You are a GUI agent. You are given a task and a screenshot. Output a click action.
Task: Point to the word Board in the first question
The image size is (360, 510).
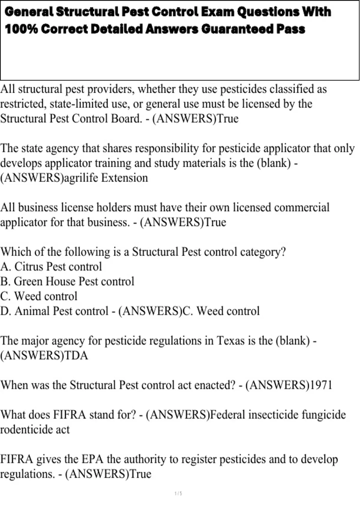pyautogui.click(x=126, y=118)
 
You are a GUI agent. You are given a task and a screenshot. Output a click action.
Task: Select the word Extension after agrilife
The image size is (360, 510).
pyautogui.click(x=124, y=178)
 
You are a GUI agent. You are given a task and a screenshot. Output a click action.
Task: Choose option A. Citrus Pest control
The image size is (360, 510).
pyautogui.click(x=51, y=267)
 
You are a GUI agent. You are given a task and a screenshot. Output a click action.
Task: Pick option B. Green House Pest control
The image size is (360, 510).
pyautogui.click(x=67, y=281)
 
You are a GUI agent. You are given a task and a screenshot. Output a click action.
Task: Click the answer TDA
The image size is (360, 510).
pyautogui.click(x=76, y=355)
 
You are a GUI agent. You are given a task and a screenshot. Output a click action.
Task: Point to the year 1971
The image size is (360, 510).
pyautogui.click(x=321, y=385)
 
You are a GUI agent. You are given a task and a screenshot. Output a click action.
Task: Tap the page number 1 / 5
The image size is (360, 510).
pyautogui.click(x=178, y=493)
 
